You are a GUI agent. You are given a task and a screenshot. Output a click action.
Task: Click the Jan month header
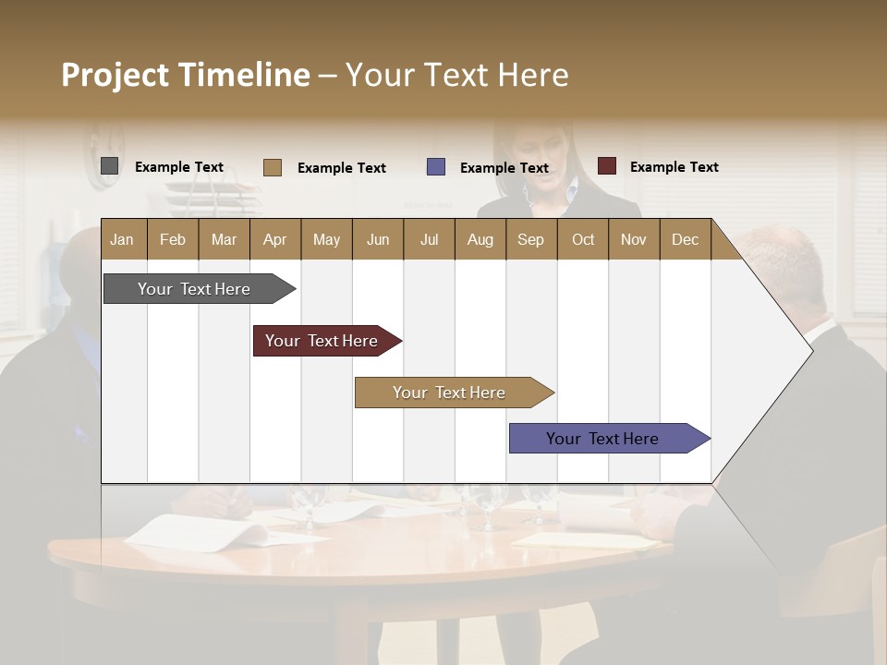point(122,239)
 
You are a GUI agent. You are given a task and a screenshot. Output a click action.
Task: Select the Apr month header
point(274,239)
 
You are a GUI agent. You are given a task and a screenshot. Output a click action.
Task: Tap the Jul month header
point(429,239)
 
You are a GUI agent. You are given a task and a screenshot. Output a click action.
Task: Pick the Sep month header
point(530,239)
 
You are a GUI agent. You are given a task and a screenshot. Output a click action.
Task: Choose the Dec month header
point(685,239)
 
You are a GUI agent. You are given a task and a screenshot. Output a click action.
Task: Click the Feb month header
point(173,239)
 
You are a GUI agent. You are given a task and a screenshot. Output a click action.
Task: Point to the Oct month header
point(583,239)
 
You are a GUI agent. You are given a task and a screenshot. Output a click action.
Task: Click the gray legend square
point(110,166)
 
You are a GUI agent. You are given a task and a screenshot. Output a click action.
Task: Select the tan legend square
point(273,167)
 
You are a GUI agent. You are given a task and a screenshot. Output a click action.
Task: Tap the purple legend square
point(436,167)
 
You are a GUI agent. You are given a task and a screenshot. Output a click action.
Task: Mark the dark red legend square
point(607,166)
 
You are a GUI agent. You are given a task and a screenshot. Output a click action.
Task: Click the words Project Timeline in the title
point(185,75)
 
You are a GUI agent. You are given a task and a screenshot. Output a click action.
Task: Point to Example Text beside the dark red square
point(674,167)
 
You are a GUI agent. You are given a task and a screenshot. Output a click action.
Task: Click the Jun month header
point(378,239)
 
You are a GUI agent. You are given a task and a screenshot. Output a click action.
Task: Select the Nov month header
point(634,239)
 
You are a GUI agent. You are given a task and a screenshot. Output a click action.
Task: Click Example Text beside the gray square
point(179,167)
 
